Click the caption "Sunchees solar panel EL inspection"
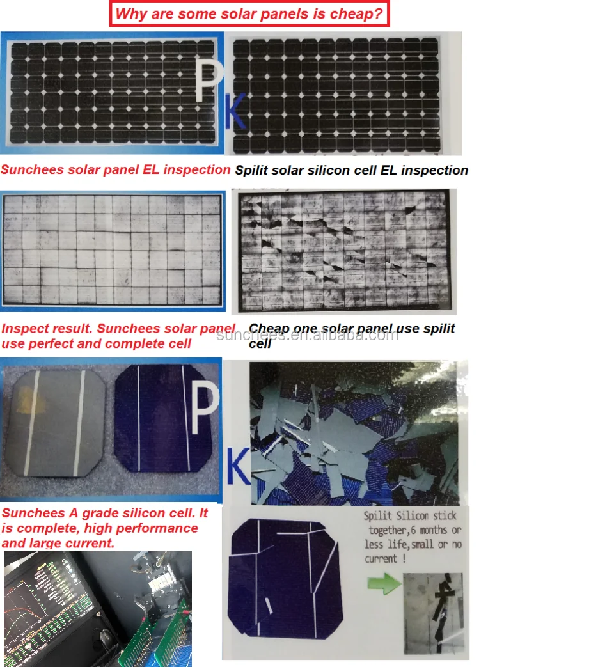point(115,169)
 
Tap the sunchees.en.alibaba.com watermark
point(307,334)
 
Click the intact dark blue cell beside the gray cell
point(161,418)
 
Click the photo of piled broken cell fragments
point(354,434)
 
